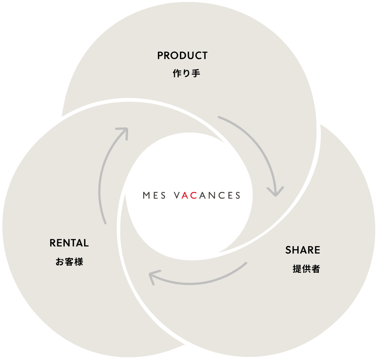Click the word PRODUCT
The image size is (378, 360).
(182, 56)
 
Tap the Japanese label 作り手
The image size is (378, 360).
(187, 73)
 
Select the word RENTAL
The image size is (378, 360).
(69, 243)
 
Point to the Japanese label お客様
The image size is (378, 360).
(69, 262)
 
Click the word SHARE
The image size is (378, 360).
(303, 250)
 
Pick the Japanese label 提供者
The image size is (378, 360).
(306, 269)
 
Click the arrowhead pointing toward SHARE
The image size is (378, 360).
(275, 191)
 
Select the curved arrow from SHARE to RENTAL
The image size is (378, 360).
(201, 281)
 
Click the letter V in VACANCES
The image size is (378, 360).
(177, 196)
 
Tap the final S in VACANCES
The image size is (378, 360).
(238, 196)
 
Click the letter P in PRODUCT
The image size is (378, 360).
(160, 56)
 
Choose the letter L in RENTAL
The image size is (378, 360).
(86, 243)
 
